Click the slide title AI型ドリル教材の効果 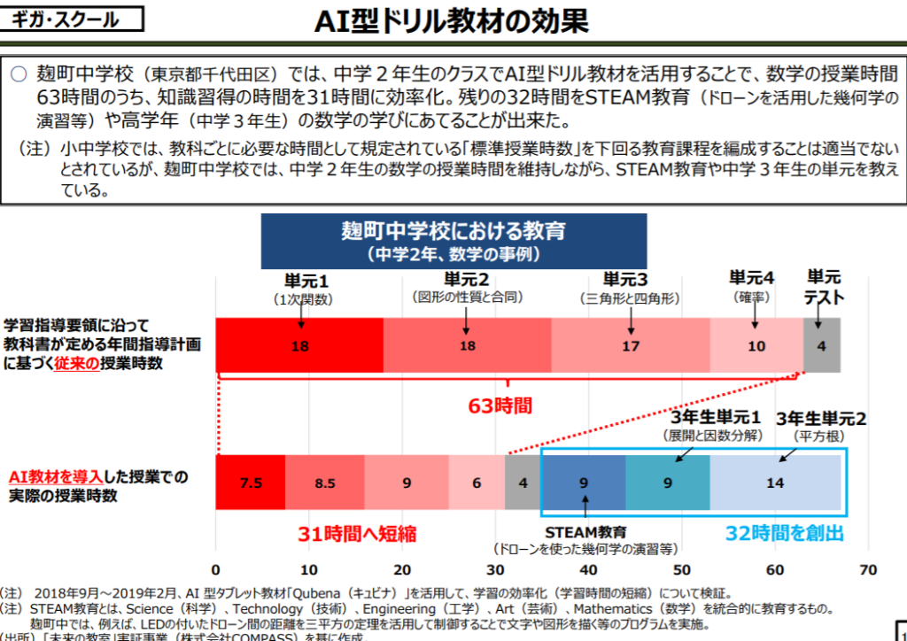[451, 22]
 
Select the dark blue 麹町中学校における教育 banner [453, 240]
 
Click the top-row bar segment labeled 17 [631, 345]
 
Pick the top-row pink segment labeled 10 [756, 345]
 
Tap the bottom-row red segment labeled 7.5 [251, 483]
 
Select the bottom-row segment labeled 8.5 [324, 483]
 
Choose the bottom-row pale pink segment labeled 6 [477, 483]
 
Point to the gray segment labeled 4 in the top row [822, 345]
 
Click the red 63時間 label [500, 406]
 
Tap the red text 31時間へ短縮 [357, 534]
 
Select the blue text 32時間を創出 [785, 533]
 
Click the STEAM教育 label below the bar [585, 532]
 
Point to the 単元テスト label [824, 287]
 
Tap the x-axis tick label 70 [868, 568]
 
